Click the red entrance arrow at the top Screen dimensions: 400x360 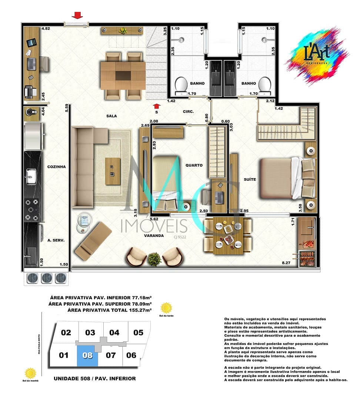(x=77, y=15)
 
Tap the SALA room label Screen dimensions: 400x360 (x=111, y=116)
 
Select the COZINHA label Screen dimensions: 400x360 (x=56, y=167)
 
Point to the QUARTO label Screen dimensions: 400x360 (x=194, y=165)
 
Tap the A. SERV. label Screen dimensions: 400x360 (x=56, y=240)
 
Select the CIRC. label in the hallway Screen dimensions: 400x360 (x=189, y=111)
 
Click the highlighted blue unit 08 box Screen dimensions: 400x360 (x=87, y=356)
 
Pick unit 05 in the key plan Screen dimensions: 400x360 (x=138, y=332)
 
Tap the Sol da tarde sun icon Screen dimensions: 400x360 (x=167, y=308)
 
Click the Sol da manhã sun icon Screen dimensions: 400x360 (x=30, y=373)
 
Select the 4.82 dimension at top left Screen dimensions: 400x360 (x=45, y=28)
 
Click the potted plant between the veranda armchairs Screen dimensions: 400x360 (x=154, y=260)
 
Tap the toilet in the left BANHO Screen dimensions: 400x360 (x=181, y=84)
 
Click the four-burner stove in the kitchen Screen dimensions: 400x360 (x=31, y=210)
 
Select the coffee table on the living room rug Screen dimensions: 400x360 (x=113, y=171)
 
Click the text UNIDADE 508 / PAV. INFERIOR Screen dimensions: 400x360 (x=94, y=379)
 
